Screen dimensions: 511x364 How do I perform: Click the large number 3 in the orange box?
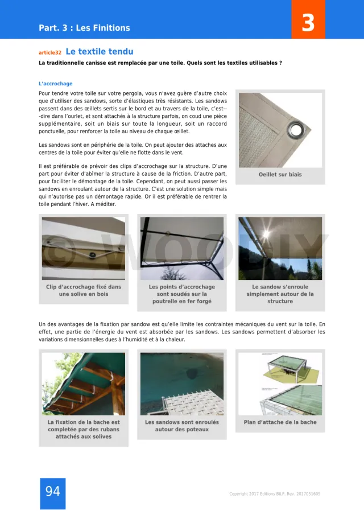click(x=308, y=23)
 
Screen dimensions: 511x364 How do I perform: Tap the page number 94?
click(x=52, y=492)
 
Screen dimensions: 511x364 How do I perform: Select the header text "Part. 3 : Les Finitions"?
click(x=84, y=28)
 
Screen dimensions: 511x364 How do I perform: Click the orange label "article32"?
click(x=50, y=52)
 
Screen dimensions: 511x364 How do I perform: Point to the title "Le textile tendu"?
click(x=100, y=52)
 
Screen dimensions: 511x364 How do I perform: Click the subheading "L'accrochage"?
click(x=56, y=84)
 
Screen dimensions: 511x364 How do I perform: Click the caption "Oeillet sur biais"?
click(x=280, y=175)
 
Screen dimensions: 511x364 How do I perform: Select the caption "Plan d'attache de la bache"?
click(x=280, y=422)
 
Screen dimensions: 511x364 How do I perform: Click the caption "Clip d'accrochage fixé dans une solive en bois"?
click(x=84, y=291)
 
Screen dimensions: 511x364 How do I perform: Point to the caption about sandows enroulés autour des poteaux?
click(x=181, y=426)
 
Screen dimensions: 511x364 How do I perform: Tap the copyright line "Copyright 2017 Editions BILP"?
click(x=274, y=494)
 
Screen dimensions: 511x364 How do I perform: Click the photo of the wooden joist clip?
click(x=84, y=248)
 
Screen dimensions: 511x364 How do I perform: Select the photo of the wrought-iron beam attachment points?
click(x=182, y=248)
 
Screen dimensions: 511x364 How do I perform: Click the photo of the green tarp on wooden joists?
click(x=84, y=384)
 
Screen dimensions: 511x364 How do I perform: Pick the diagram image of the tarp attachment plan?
click(x=280, y=384)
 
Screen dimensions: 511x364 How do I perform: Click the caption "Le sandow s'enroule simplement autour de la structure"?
click(x=280, y=294)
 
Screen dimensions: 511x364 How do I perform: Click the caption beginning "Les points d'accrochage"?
click(x=182, y=294)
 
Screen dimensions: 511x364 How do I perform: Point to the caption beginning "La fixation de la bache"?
click(x=84, y=430)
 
